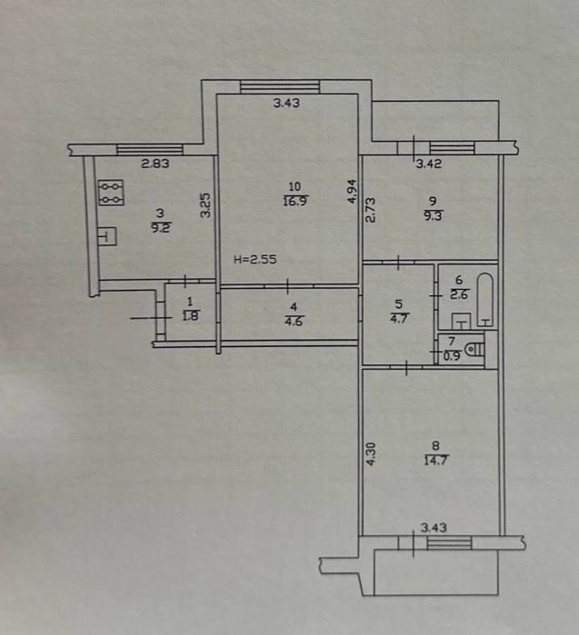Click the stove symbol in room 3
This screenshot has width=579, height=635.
(111, 193)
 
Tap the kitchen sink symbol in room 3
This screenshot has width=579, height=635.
(107, 236)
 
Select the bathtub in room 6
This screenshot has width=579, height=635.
(485, 300)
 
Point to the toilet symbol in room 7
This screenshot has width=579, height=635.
(474, 350)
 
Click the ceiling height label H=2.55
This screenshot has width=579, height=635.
(255, 259)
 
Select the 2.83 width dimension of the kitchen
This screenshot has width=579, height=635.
(155, 164)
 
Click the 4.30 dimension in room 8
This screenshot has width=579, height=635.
(371, 454)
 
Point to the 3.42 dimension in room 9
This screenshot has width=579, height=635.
(429, 164)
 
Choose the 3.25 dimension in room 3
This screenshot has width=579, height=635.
(206, 205)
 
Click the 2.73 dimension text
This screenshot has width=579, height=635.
(370, 210)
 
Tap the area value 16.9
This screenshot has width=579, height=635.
(295, 202)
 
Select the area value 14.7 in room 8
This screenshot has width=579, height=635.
(436, 461)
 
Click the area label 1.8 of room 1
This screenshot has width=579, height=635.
(191, 316)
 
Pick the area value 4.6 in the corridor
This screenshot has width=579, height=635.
(294, 322)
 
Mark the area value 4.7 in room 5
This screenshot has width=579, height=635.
(399, 318)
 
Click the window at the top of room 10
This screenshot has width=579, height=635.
(280, 86)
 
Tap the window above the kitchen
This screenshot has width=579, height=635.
(150, 150)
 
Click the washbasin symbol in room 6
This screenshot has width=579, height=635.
(461, 322)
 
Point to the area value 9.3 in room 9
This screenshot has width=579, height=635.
(434, 216)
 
